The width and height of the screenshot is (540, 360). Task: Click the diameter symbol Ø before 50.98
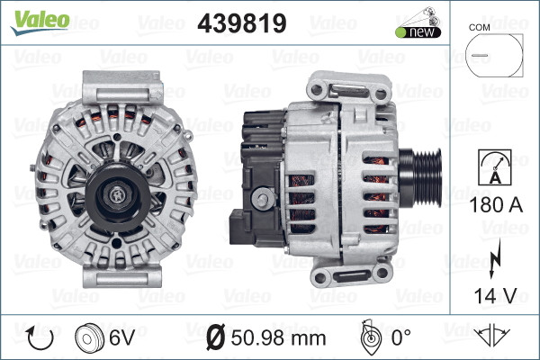(217, 339)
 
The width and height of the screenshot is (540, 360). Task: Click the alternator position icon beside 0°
(368, 337)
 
